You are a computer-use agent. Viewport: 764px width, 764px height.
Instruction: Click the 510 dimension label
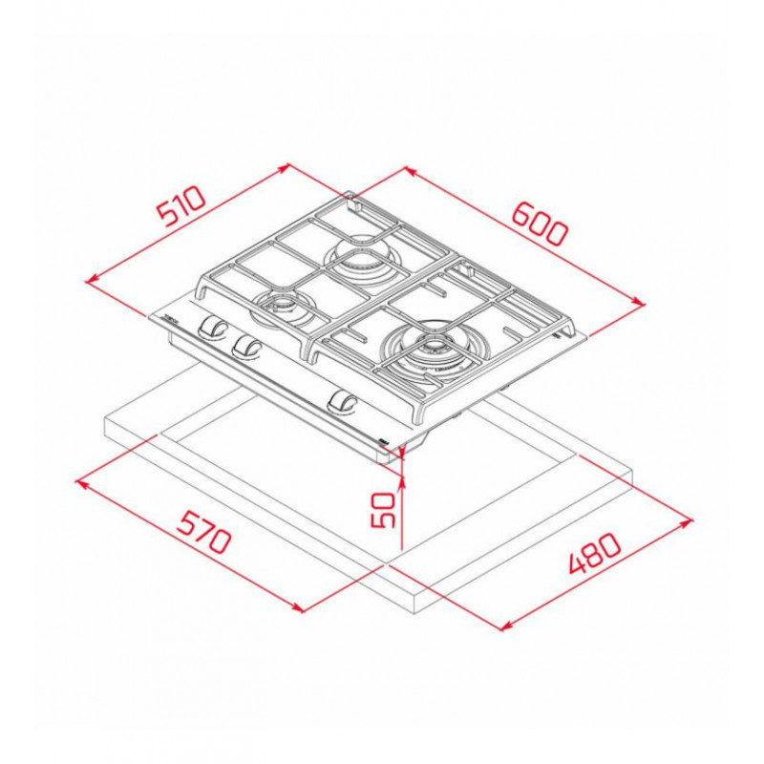pyautogui.click(x=180, y=205)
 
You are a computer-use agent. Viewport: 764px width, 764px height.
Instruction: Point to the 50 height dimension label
pyautogui.click(x=383, y=510)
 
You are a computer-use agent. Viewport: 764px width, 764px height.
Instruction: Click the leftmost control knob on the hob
pyautogui.click(x=211, y=327)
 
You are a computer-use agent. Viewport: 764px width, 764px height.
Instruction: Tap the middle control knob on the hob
pyautogui.click(x=247, y=347)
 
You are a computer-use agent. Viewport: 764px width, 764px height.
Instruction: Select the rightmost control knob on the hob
pyautogui.click(x=344, y=402)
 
